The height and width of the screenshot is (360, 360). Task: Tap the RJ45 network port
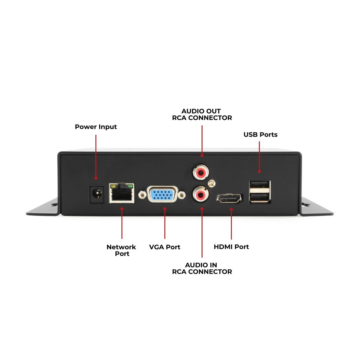pos(121,194)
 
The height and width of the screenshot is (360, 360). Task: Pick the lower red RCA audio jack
pos(200,195)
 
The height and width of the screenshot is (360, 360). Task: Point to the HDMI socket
pos(229,198)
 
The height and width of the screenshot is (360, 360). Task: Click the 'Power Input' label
pos(96,127)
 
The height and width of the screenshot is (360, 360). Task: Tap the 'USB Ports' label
pos(260,135)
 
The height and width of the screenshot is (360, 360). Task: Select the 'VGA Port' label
pos(165,247)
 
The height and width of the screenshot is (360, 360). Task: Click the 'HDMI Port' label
pos(231,247)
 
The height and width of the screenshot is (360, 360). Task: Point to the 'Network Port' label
pos(121,250)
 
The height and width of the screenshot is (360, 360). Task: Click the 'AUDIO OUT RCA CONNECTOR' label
pos(202,115)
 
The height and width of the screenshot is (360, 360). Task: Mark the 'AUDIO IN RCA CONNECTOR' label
pos(202,268)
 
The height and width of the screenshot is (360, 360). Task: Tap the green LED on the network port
pos(130,187)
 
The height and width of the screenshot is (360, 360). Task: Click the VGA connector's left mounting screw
pos(142,196)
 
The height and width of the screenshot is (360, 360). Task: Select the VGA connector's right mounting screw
pos(181,195)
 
